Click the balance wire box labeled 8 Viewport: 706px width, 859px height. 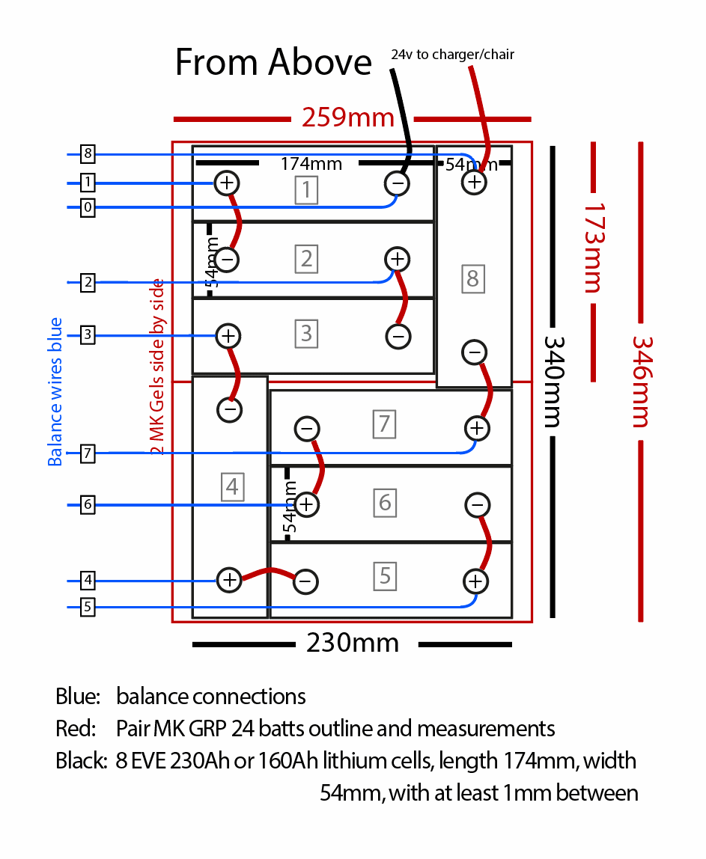pos(88,155)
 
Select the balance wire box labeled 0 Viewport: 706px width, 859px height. pos(88,207)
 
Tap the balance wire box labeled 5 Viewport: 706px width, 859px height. pos(88,607)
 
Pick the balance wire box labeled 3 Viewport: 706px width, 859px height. pos(88,334)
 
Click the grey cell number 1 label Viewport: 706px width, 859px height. pos(306,189)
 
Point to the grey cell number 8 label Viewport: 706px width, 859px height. pos(472,279)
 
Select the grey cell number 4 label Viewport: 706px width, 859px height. pos(232,487)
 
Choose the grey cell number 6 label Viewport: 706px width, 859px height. pos(385,501)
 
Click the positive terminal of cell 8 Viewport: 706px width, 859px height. pos(474,182)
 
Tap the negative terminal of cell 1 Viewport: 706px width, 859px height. pos(398,183)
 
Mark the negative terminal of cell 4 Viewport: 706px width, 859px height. pos(230,409)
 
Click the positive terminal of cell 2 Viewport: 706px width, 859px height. pos(398,260)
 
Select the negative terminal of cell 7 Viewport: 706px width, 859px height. pos(307,429)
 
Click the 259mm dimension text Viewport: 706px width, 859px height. pos(348,117)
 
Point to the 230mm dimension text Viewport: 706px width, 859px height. pos(352,643)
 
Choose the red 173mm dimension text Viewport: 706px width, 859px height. pos(592,246)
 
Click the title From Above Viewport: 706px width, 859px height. pos(273,61)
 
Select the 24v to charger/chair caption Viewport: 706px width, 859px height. pos(452,55)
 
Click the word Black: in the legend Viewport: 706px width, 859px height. pos(83,761)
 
